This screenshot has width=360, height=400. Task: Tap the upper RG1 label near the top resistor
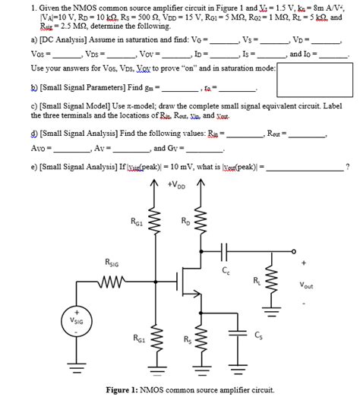point(137,222)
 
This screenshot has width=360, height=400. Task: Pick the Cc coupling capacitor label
point(226,270)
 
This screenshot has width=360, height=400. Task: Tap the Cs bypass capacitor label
point(259,335)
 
